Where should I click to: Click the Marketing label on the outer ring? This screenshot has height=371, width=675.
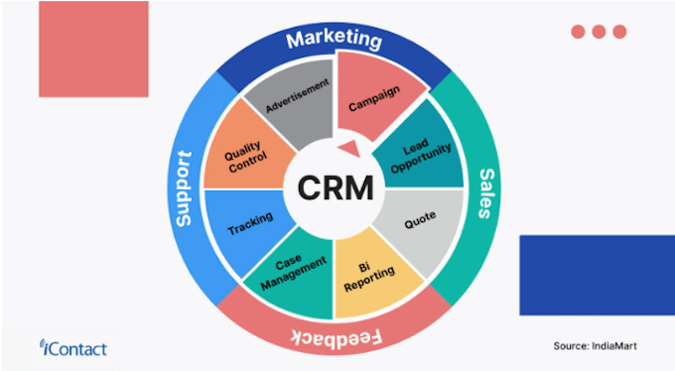pyautogui.click(x=334, y=41)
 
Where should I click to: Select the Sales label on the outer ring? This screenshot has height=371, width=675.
pyautogui.click(x=486, y=186)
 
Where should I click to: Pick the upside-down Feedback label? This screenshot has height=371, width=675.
pyautogui.click(x=335, y=336)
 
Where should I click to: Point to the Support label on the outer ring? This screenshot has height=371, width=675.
pyautogui.click(x=183, y=188)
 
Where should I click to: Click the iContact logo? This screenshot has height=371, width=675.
pyautogui.click(x=73, y=347)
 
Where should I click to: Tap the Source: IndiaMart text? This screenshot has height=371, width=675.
pyautogui.click(x=595, y=345)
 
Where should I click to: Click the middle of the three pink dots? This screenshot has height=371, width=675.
pyautogui.click(x=599, y=32)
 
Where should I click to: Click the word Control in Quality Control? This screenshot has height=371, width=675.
pyautogui.click(x=246, y=166)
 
